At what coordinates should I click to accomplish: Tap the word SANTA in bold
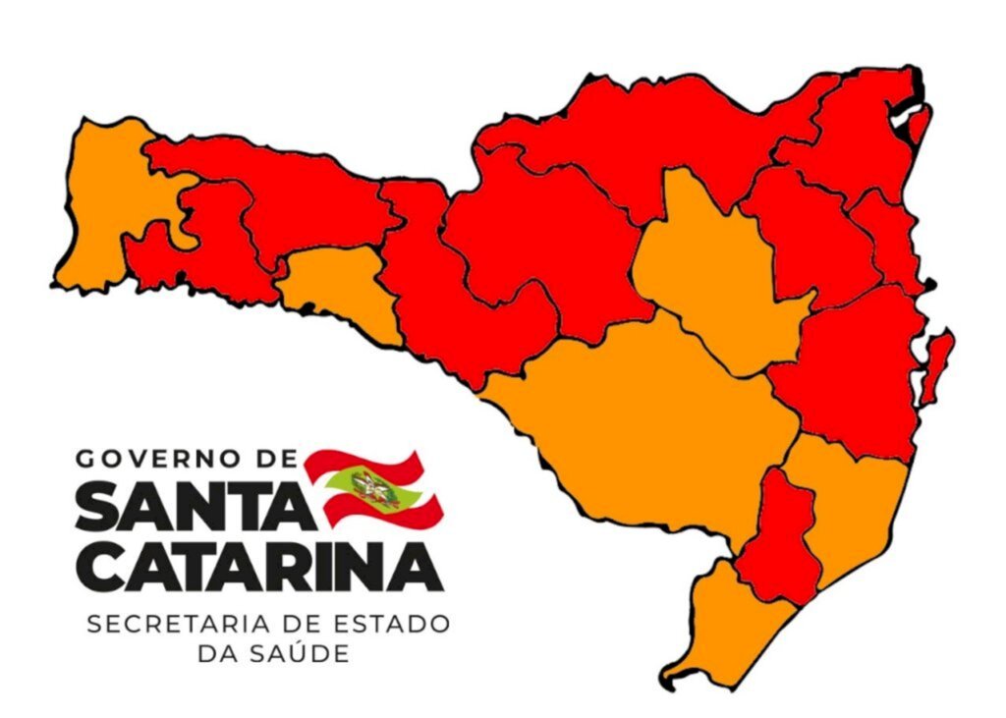186,508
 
